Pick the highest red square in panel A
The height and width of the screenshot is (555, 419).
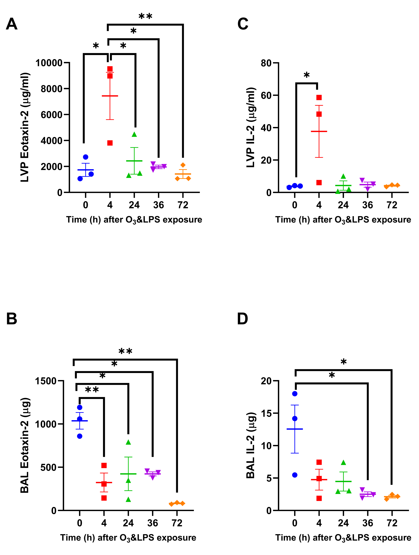point(110,69)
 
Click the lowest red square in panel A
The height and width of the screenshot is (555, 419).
point(110,143)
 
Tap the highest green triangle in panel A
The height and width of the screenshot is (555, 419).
point(134,134)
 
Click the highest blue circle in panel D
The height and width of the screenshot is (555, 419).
point(295,394)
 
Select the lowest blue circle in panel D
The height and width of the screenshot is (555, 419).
point(295,475)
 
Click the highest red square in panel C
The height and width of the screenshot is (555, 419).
point(319,97)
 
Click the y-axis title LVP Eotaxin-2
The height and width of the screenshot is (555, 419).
point(25,127)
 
